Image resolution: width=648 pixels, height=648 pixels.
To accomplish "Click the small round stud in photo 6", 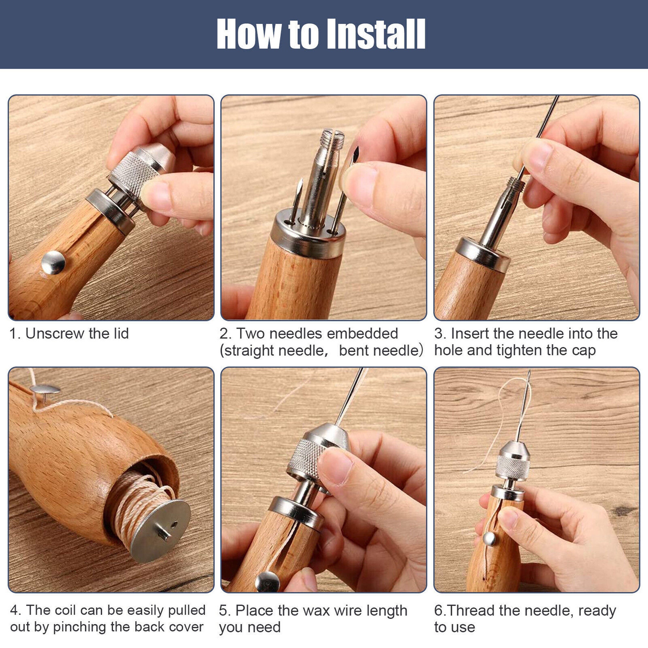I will pos(489,539).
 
